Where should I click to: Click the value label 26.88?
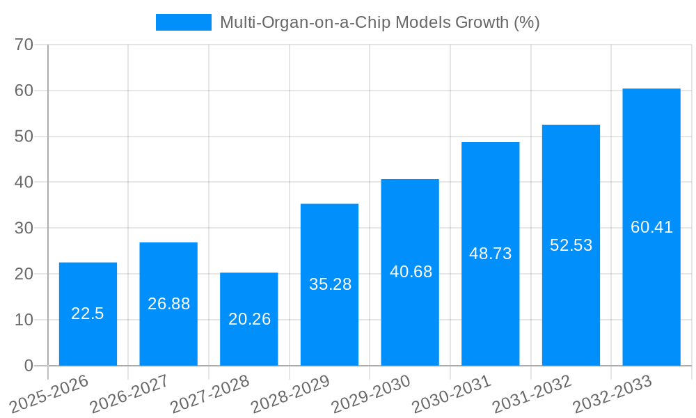168,304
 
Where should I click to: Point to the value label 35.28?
330,284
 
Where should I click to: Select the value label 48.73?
491,254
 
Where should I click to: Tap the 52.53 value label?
571,245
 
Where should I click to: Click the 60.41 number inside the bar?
651,227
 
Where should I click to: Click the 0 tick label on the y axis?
29,366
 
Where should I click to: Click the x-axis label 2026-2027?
129,394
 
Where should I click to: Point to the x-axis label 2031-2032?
532,394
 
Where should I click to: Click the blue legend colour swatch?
183,22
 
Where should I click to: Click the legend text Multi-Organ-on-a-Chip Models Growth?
379,22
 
